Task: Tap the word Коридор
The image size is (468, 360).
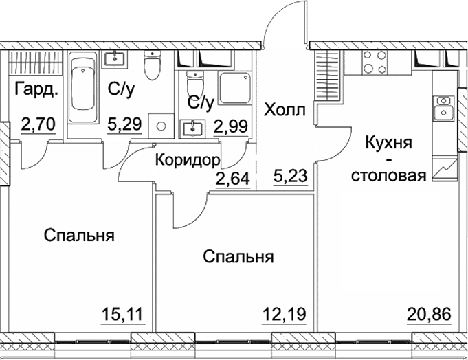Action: [x=187, y=160]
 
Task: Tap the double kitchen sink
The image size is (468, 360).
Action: [x=441, y=107]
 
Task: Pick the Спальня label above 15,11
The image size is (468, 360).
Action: [x=78, y=236]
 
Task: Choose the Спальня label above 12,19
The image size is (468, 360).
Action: [x=238, y=257]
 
